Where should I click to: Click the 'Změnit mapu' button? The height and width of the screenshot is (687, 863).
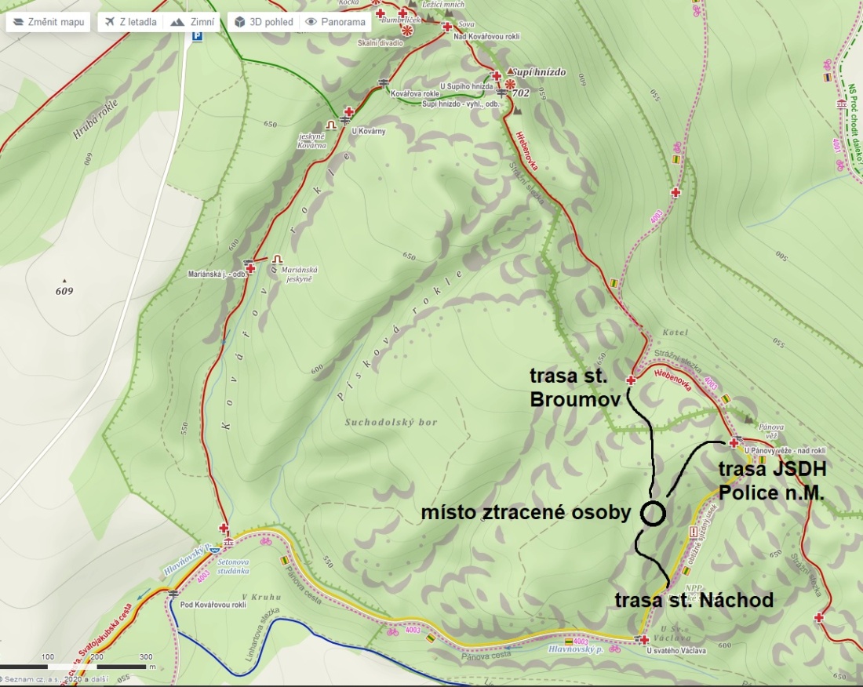(x=49, y=22)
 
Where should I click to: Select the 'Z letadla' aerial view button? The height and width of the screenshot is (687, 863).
(x=131, y=22)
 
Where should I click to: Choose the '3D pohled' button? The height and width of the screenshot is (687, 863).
(x=264, y=22)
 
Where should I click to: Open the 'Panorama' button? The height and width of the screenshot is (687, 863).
(x=336, y=22)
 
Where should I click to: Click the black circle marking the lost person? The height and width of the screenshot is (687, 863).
(x=653, y=514)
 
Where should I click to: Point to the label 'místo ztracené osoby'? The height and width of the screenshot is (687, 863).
(x=526, y=514)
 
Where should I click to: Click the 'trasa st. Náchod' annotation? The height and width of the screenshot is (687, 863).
(x=694, y=601)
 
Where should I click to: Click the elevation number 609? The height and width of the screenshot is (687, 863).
(x=64, y=292)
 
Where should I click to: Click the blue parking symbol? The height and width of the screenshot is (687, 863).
(x=198, y=36)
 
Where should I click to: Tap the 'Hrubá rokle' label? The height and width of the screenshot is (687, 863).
(x=93, y=122)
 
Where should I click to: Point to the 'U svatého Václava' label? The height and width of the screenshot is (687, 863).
(x=676, y=651)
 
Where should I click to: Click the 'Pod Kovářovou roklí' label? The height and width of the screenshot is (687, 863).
(x=213, y=605)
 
